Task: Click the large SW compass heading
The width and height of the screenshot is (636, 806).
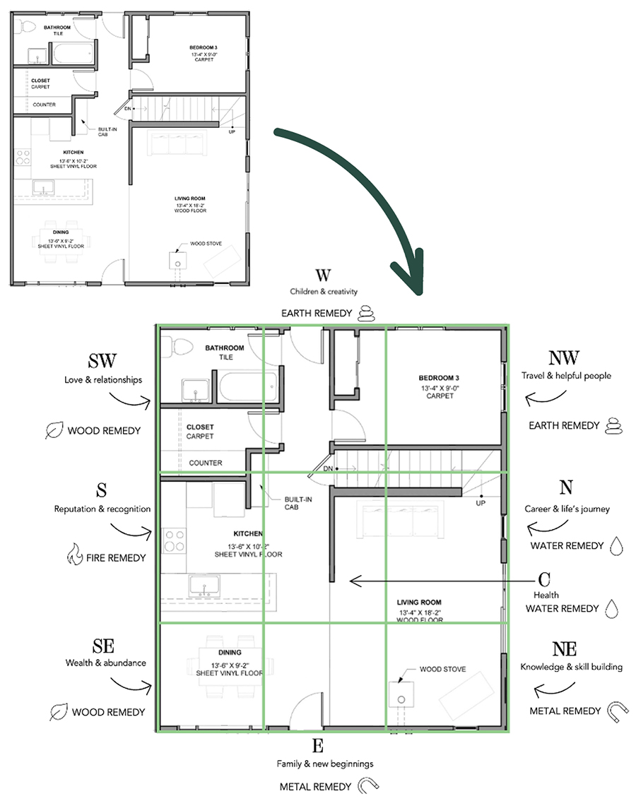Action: [x=102, y=362]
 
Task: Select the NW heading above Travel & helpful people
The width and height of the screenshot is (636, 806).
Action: [x=563, y=358]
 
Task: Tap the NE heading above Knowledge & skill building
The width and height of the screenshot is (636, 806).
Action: [x=563, y=649]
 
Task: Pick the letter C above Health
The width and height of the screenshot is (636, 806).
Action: [x=544, y=580]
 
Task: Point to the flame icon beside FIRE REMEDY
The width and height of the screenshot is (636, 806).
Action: [x=74, y=556]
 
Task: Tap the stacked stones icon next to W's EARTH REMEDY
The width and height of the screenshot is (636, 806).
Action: [x=365, y=314]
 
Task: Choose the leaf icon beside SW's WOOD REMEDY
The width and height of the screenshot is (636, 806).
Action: [x=53, y=430]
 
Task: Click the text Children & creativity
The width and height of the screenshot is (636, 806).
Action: [x=324, y=291]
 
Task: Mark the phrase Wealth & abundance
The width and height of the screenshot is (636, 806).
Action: [x=106, y=663]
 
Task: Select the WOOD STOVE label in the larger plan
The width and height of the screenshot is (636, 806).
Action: [x=442, y=668]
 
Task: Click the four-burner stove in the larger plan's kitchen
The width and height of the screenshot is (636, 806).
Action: [x=174, y=540]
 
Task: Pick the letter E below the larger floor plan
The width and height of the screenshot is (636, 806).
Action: [x=317, y=746]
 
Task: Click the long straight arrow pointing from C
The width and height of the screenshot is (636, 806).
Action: [x=438, y=581]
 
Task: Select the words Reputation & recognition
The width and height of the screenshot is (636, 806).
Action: [x=102, y=509]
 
